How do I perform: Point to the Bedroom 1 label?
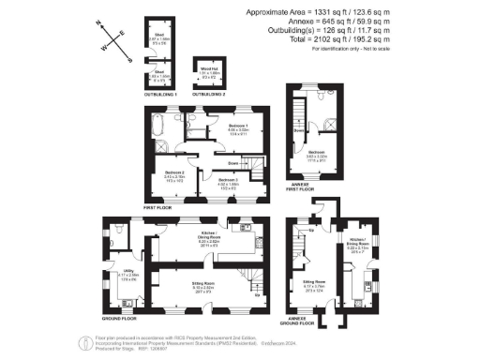(238, 127)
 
